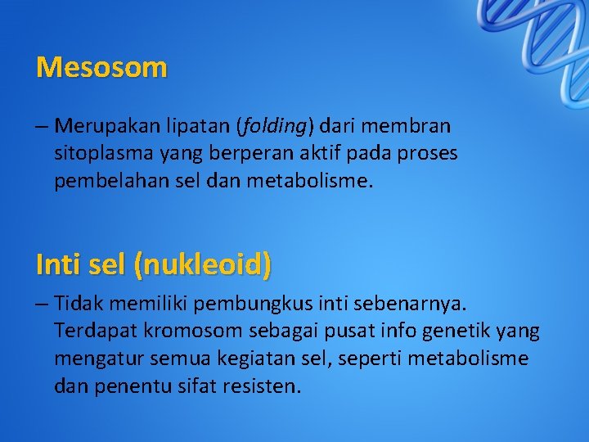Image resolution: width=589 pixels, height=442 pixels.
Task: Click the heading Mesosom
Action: (101, 67)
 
